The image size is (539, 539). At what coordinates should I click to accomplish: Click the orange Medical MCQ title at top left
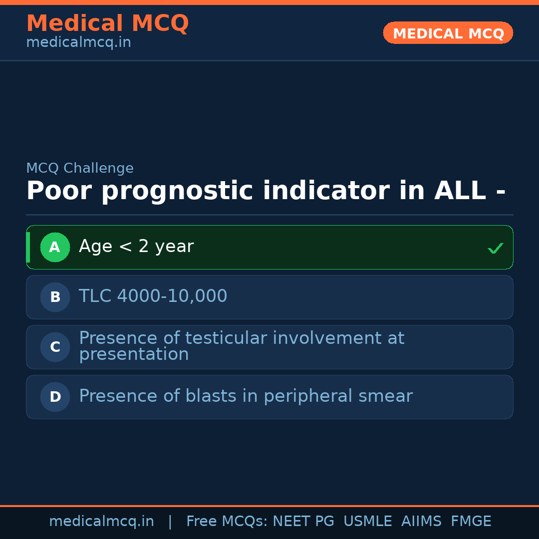[107, 23]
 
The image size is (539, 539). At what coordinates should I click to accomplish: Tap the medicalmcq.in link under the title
[78, 43]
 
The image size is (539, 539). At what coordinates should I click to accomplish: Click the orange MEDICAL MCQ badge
[448, 33]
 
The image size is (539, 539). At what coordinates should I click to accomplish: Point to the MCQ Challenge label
[80, 169]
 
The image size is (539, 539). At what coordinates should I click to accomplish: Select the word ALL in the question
[460, 191]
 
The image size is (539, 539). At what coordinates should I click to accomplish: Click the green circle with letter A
[55, 247]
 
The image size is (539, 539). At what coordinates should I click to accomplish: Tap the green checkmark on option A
[495, 248]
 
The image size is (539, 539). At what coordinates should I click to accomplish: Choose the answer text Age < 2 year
[136, 247]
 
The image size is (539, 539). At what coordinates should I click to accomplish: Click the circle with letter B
[55, 297]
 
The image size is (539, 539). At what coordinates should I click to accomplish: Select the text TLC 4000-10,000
[153, 296]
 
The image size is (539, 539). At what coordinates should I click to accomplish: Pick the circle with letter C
[55, 347]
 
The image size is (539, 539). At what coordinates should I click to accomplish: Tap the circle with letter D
[55, 397]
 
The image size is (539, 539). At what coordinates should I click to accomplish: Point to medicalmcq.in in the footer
[101, 522]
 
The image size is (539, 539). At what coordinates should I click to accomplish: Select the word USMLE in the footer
[367, 522]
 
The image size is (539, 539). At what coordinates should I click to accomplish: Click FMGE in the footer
[471, 522]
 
